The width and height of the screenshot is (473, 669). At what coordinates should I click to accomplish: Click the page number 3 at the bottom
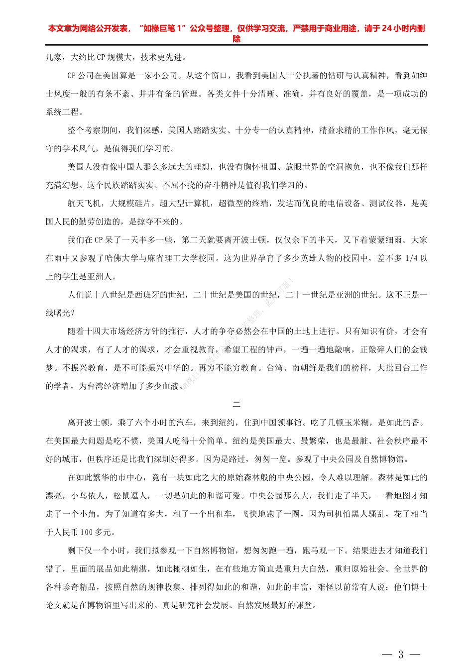401,655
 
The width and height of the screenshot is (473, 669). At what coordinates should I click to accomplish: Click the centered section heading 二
236,404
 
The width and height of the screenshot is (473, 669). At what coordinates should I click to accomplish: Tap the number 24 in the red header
387,28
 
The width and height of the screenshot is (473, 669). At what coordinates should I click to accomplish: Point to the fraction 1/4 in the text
412,258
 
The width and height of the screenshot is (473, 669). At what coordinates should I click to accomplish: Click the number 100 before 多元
87,533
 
